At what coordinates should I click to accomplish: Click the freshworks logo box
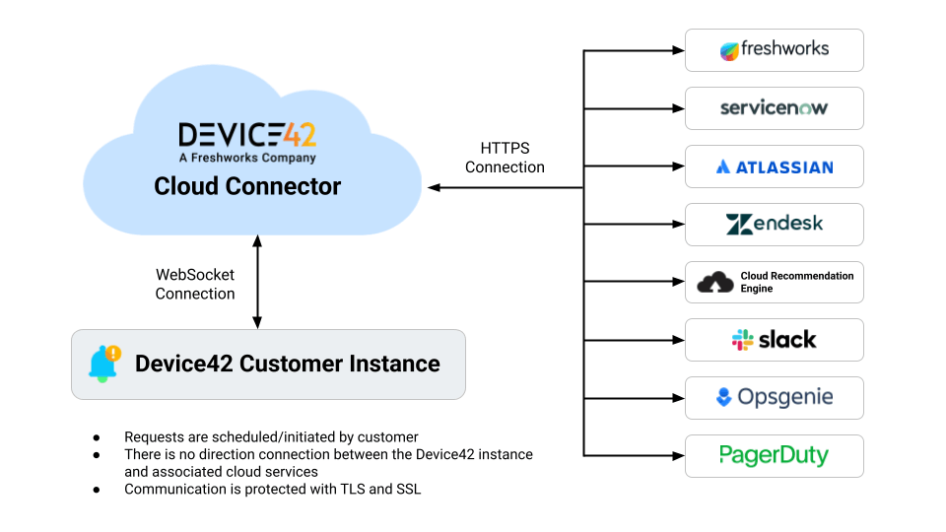774,50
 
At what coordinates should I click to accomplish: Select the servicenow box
774,108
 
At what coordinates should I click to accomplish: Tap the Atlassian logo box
774,166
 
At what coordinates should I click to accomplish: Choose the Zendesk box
774,225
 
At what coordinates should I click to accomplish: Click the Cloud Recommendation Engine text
796,282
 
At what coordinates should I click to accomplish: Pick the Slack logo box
774,340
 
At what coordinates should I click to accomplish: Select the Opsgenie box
774,398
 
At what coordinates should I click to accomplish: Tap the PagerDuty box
774,455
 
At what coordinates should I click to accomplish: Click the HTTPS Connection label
505,158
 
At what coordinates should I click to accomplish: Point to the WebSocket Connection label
195,284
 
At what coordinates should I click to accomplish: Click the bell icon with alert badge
103,363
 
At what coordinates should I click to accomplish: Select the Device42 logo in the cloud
247,135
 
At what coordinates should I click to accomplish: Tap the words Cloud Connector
247,186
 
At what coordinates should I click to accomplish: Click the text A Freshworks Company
247,158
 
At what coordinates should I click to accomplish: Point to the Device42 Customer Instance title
288,364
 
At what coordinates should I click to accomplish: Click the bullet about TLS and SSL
272,489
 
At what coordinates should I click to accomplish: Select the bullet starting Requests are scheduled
271,436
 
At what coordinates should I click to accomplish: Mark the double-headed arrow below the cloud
257,282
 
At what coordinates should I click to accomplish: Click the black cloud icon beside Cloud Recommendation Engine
715,283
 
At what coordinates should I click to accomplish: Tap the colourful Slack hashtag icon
742,340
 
